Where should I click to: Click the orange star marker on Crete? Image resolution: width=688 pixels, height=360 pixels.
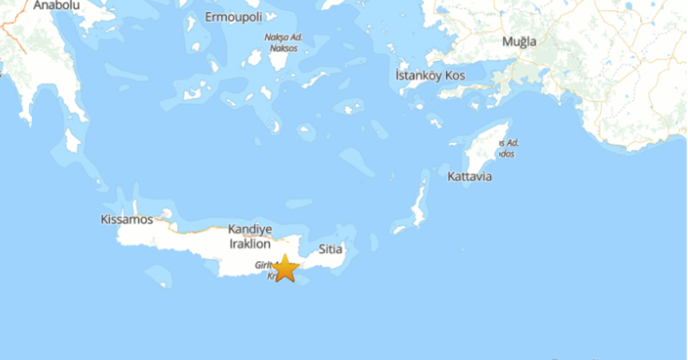point(285,268)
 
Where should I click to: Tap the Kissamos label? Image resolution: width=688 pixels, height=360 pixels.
point(127,220)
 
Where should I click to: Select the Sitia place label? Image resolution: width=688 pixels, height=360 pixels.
point(330,249)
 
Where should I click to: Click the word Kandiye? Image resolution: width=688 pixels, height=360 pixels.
point(249,230)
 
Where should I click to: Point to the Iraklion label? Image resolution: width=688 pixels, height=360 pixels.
point(249,244)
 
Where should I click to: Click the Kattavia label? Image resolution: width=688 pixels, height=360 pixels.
point(470,177)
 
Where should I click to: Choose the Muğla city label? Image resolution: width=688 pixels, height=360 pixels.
point(519,42)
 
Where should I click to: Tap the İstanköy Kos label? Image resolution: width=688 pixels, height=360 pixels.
point(430,76)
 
